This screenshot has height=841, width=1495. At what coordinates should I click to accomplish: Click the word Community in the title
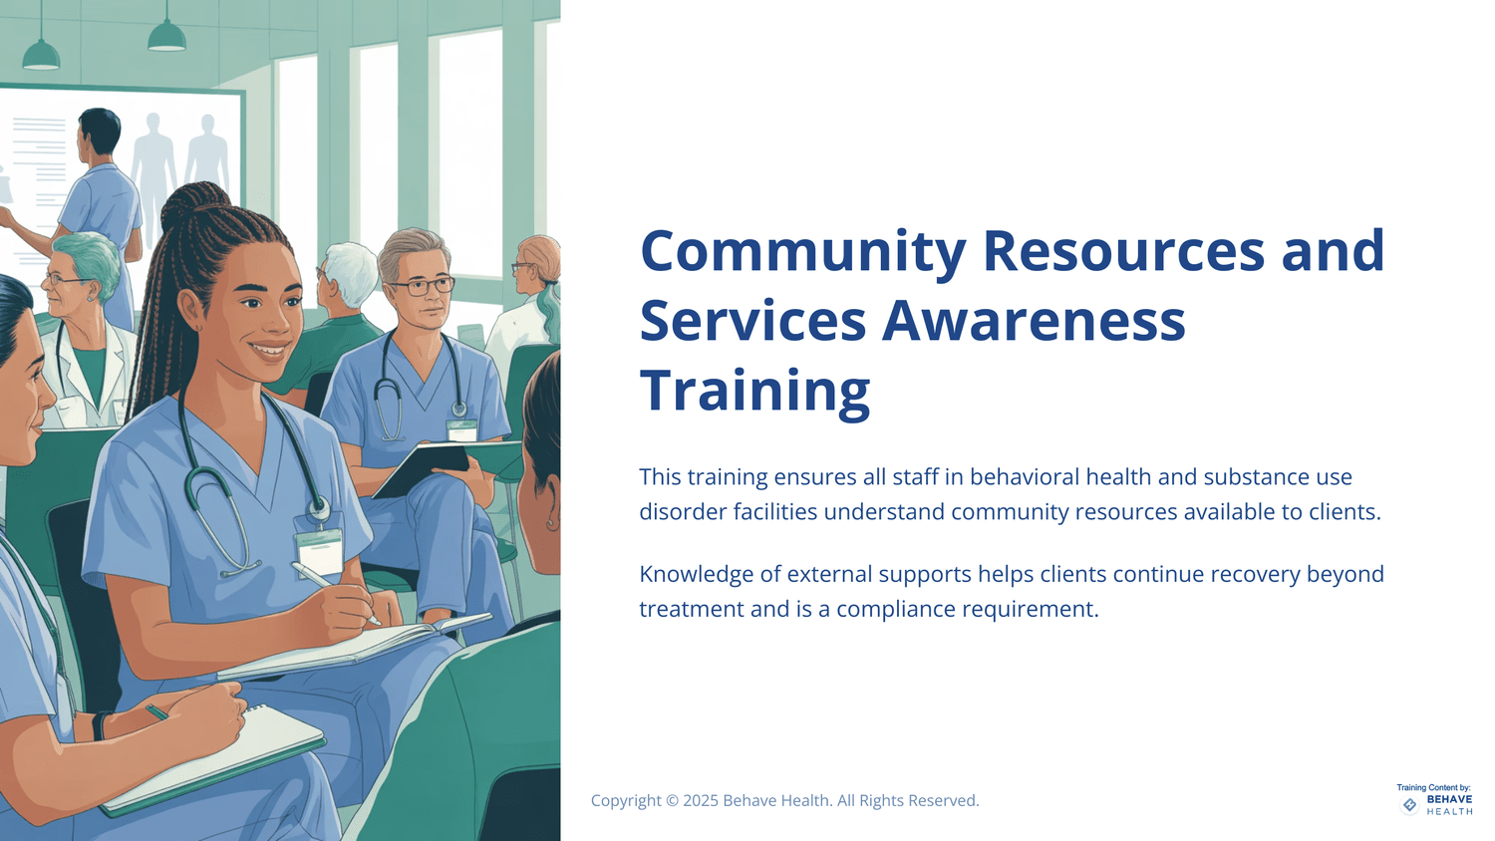(x=802, y=251)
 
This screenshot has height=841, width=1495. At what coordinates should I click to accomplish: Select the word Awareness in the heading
(x=1034, y=321)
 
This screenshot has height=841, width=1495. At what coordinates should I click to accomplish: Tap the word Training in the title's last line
(x=754, y=391)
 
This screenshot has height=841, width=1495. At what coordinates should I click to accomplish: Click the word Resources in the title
(x=1123, y=251)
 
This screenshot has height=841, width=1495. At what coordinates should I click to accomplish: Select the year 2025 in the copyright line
(x=700, y=800)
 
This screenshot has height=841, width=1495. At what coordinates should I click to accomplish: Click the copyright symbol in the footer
(x=672, y=800)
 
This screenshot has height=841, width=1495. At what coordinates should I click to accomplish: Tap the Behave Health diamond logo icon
(x=1409, y=805)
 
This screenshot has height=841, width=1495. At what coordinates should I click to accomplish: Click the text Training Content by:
(x=1433, y=787)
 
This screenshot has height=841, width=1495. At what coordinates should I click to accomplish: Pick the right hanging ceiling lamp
(x=166, y=37)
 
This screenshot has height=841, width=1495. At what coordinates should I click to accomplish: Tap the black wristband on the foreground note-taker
(x=99, y=725)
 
